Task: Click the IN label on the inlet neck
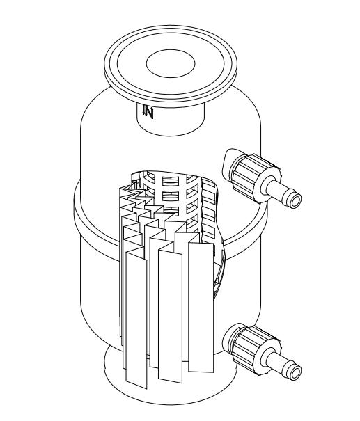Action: tap(148, 112)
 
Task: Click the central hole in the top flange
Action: tap(171, 63)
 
